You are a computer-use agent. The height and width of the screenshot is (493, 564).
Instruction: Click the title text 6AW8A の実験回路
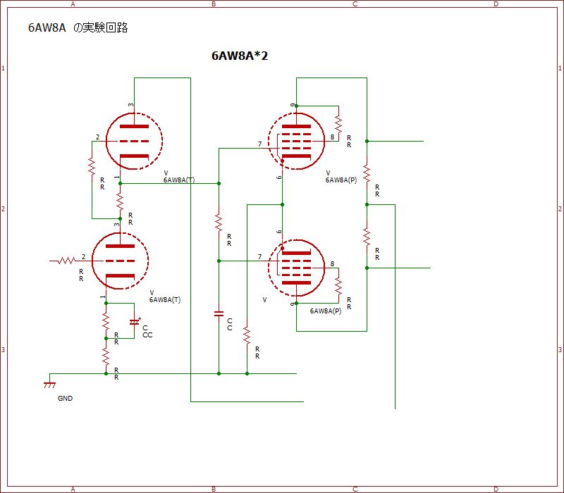[x=78, y=28]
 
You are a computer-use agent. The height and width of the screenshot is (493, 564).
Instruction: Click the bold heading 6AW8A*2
[x=240, y=56]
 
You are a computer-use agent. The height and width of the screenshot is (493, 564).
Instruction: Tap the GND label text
[x=65, y=398]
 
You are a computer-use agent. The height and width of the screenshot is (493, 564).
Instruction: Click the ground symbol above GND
[x=49, y=385]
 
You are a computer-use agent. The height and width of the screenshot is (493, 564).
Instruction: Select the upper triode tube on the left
[x=133, y=141]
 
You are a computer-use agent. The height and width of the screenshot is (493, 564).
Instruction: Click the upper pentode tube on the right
[x=296, y=141]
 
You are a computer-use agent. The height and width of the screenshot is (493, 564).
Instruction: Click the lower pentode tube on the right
[x=296, y=268]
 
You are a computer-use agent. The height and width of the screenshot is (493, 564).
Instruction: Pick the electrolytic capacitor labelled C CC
[x=134, y=322]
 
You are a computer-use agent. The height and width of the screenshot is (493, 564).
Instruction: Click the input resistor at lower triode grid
[x=66, y=261]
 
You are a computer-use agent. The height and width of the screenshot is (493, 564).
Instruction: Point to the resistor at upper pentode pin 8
[x=338, y=124]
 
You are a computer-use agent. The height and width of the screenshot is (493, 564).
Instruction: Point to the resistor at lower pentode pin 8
[x=338, y=286]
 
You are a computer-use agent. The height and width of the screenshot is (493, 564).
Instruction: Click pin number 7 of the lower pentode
[x=259, y=256]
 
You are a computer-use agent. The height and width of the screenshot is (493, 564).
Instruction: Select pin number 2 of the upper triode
[x=97, y=137]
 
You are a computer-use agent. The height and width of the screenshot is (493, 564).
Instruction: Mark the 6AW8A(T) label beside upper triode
[x=179, y=180]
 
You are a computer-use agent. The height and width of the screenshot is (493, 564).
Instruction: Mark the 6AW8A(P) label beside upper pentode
[x=341, y=180]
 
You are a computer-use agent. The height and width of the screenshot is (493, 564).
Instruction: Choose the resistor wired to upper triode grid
[x=92, y=167]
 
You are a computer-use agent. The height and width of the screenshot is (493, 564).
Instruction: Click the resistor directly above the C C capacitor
[x=219, y=224]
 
